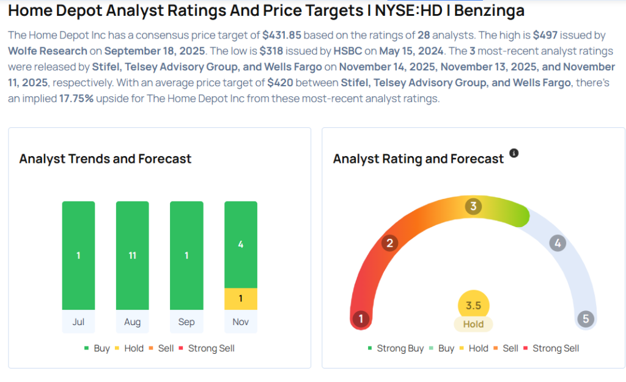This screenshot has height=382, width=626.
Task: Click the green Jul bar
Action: tap(78, 255)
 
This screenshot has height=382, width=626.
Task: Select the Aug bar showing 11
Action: tap(132, 255)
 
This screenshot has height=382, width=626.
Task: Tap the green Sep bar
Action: tap(186, 255)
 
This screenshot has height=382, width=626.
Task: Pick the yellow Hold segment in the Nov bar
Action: tap(240, 299)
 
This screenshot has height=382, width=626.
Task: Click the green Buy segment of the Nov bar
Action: tap(240, 244)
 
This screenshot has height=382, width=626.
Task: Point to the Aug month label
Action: tap(132, 322)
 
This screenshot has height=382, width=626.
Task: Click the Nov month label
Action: tap(240, 322)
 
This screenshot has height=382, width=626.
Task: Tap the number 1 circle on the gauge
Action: tap(361, 319)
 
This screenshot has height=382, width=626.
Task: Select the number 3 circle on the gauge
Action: tap(473, 206)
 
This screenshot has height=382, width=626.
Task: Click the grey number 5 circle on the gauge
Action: tap(586, 319)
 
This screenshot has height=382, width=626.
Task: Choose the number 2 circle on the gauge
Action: tap(389, 243)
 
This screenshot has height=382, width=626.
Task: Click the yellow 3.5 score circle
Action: tap(473, 305)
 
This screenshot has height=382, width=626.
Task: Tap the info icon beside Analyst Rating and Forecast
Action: tap(514, 153)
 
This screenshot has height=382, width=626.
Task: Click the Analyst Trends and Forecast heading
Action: tap(105, 159)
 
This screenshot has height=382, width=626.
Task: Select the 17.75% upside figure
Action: tap(76, 99)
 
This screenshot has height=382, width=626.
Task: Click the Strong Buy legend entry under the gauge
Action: tap(396, 348)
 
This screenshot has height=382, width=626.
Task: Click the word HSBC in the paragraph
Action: tap(347, 51)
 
